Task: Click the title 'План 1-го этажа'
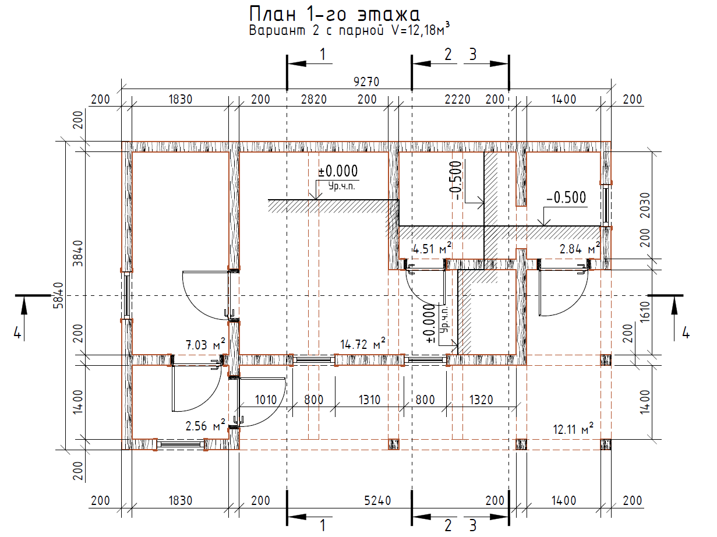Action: tap(334, 15)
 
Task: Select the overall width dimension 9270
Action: tap(366, 82)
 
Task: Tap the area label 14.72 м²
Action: tap(363, 344)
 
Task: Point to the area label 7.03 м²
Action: tap(205, 345)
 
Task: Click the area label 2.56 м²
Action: tap(205, 426)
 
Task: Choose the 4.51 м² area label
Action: tap(432, 249)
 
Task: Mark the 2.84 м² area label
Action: tap(580, 249)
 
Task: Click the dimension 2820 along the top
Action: tap(313, 99)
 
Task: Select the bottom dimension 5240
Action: tap(377, 500)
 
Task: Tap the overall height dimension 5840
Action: tap(58, 296)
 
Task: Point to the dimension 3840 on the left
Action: tap(77, 253)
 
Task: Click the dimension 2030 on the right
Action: tap(645, 205)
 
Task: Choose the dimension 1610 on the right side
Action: tap(645, 312)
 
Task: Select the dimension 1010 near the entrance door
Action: tap(266, 400)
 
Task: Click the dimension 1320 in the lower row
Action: tap(481, 400)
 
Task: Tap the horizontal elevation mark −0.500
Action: tap(566, 197)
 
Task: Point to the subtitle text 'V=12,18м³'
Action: tap(421, 30)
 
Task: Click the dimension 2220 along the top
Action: tap(457, 99)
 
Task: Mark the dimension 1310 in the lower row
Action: tap(369, 400)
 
